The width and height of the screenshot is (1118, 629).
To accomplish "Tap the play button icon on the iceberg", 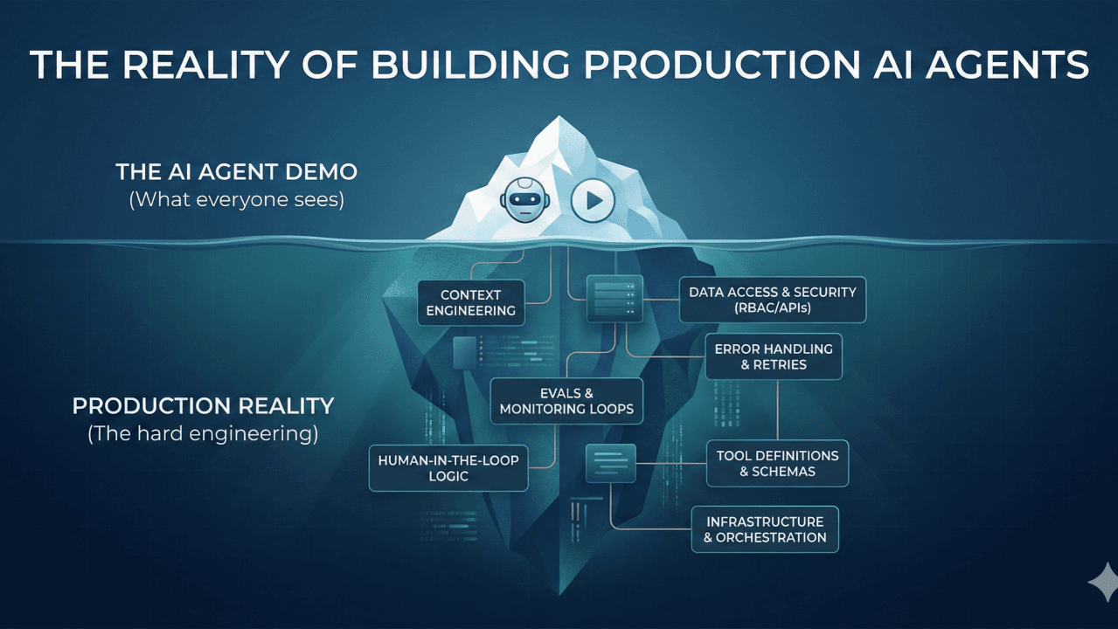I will pyautogui.click(x=594, y=200).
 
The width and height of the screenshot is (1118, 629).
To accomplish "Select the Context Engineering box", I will pyautogui.click(x=470, y=302).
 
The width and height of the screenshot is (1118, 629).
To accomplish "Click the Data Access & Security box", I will pyautogui.click(x=772, y=300).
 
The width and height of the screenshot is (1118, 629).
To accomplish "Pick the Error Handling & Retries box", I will pyautogui.click(x=774, y=356).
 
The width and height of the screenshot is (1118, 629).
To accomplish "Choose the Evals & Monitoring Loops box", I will pyautogui.click(x=566, y=401).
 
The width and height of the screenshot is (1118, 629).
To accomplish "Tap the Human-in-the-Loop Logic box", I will pyautogui.click(x=449, y=467).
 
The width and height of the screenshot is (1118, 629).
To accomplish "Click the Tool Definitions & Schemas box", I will pyautogui.click(x=777, y=463).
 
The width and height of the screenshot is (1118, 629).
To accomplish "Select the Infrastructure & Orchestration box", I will pyautogui.click(x=765, y=529).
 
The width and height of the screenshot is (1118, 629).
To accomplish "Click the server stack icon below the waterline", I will pyautogui.click(x=614, y=298).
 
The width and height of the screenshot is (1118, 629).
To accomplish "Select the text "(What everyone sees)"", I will pyautogui.click(x=236, y=200).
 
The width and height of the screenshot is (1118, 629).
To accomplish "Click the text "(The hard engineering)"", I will pyautogui.click(x=203, y=432).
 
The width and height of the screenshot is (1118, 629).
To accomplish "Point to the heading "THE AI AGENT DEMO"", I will pyautogui.click(x=236, y=172).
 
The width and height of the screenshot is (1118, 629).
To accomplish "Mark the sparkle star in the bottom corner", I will pyautogui.click(x=1104, y=582).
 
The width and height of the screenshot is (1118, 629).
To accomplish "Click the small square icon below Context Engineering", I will pyautogui.click(x=464, y=351).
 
